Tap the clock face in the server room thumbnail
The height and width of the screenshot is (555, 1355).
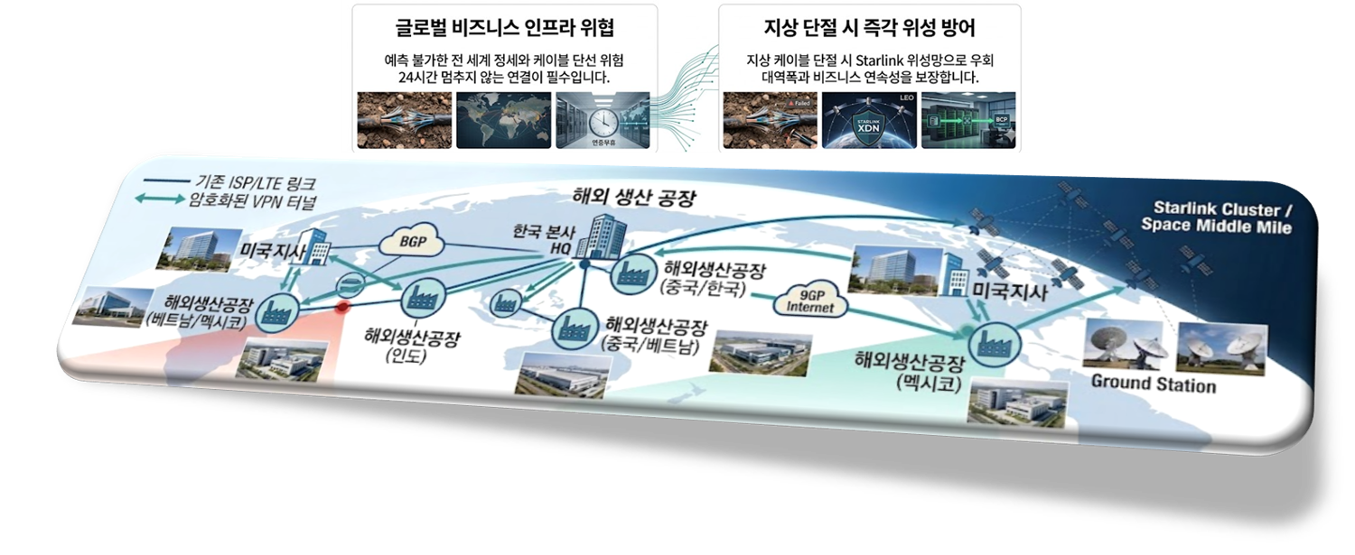coord(601,122)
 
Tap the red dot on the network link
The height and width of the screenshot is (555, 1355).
coord(342,307)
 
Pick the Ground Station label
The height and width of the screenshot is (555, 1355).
coord(1154,384)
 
